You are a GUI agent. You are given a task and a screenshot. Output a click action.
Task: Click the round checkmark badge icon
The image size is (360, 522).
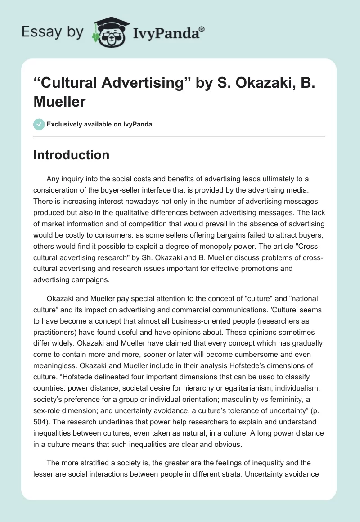coord(39,124)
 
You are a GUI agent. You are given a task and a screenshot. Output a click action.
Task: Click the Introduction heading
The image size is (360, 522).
coord(72,155)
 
